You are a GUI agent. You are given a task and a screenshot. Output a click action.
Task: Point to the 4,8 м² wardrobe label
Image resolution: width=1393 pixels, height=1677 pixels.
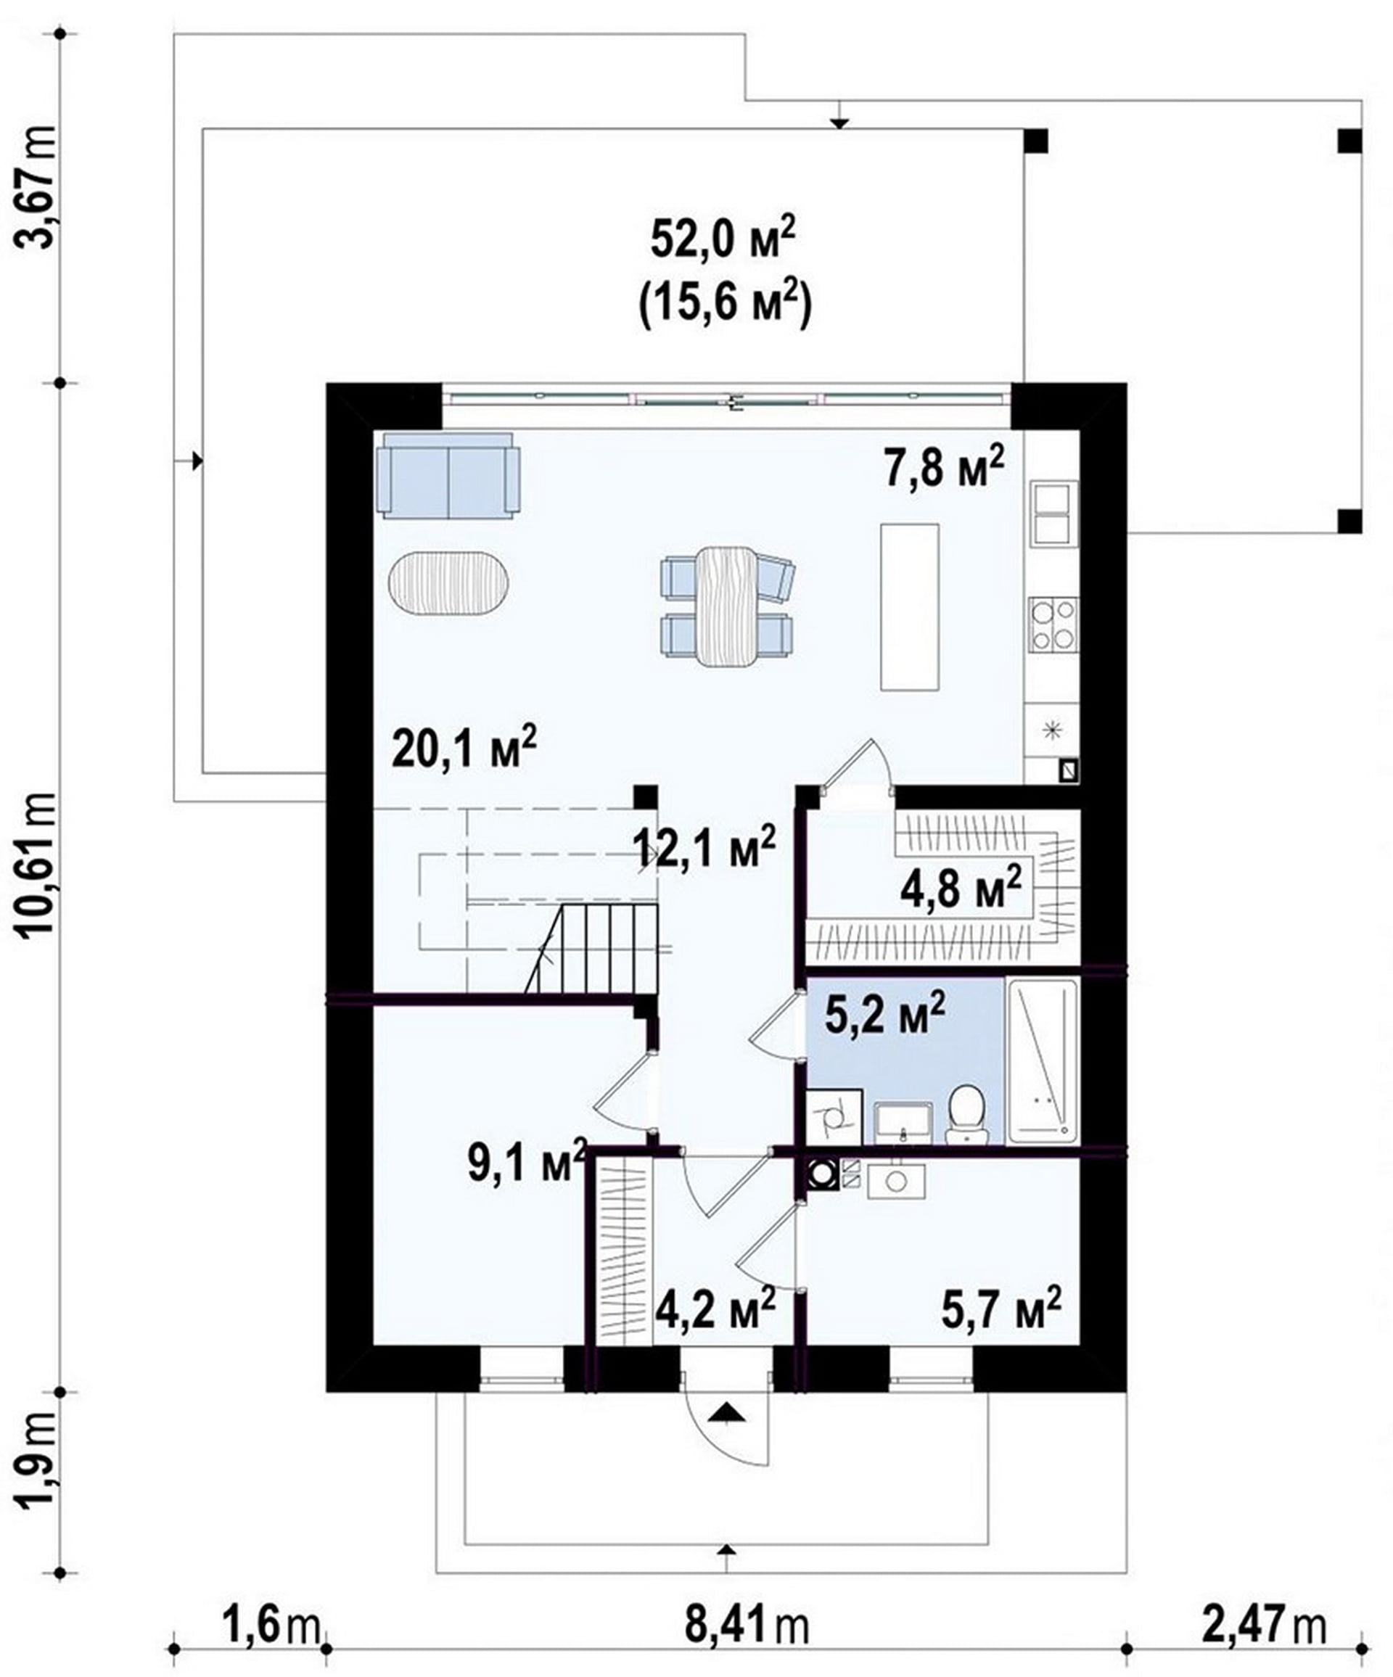click(x=961, y=887)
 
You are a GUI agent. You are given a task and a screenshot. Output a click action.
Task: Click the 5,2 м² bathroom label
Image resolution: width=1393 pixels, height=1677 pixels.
click(x=884, y=1013)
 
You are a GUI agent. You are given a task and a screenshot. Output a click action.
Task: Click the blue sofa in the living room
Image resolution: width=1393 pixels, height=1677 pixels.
click(x=448, y=476)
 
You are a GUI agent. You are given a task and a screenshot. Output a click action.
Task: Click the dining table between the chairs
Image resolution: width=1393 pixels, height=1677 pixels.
click(x=726, y=606)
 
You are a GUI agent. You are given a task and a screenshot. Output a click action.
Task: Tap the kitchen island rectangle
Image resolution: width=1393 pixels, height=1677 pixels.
click(x=909, y=606)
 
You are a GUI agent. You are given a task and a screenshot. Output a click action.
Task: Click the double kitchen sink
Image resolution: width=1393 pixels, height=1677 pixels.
click(x=1053, y=513)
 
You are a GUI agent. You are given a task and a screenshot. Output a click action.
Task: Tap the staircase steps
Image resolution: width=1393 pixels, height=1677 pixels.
click(x=592, y=948)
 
